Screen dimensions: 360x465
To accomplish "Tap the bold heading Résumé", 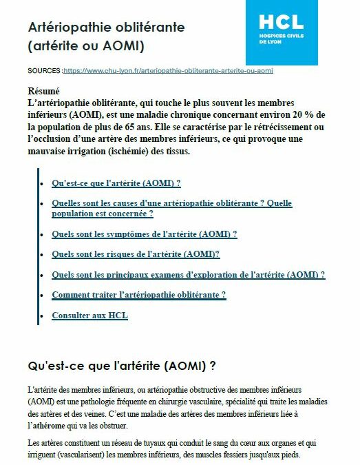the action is [x=43, y=91].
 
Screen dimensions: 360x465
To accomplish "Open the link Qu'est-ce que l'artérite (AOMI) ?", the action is [x=116, y=183].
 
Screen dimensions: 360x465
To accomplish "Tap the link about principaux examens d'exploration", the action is [x=188, y=274].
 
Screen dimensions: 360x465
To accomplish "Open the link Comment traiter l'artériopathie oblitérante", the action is [x=138, y=295].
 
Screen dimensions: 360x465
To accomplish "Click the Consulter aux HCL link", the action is [x=89, y=316].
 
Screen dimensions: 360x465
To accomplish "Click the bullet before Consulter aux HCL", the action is [x=43, y=316].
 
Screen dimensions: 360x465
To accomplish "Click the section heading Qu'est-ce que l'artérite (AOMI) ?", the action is [x=122, y=364].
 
